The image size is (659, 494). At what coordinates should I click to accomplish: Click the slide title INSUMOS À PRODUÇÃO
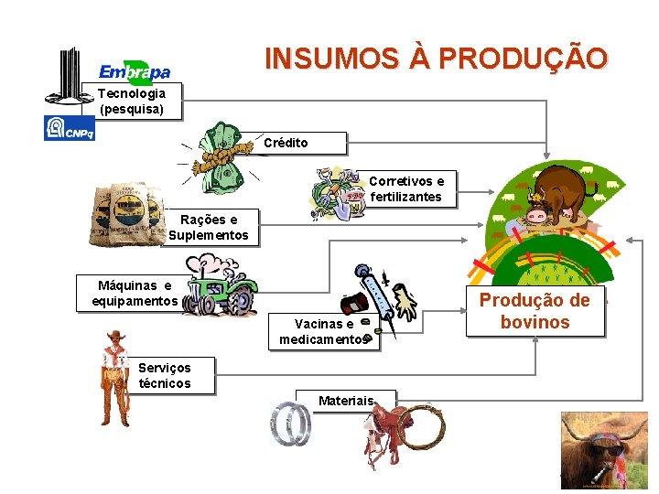click(436, 59)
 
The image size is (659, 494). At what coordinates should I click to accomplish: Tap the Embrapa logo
click(135, 71)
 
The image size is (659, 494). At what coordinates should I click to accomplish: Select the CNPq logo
click(69, 129)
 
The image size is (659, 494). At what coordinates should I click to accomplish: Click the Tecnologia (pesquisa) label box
click(132, 101)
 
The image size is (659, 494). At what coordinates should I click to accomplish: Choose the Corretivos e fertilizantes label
click(405, 189)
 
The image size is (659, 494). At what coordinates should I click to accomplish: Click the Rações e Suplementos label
click(209, 227)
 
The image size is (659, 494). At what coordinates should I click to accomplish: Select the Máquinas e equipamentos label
click(135, 294)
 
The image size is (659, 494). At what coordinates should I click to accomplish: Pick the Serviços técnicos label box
click(165, 375)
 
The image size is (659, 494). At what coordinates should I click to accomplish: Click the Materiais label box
click(345, 401)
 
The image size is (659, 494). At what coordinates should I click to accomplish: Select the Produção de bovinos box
click(535, 311)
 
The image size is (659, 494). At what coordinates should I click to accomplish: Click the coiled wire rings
click(292, 425)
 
